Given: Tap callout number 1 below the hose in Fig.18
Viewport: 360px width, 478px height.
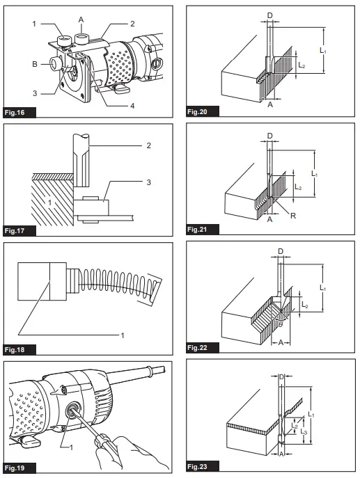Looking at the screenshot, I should tap(123, 335).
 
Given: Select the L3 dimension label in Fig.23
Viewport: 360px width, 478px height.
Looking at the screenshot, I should tap(305, 433).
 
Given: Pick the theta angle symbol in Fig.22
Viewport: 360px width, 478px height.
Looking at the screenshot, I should tap(280, 323).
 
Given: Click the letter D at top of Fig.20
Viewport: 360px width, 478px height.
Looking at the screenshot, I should tap(270, 14).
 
